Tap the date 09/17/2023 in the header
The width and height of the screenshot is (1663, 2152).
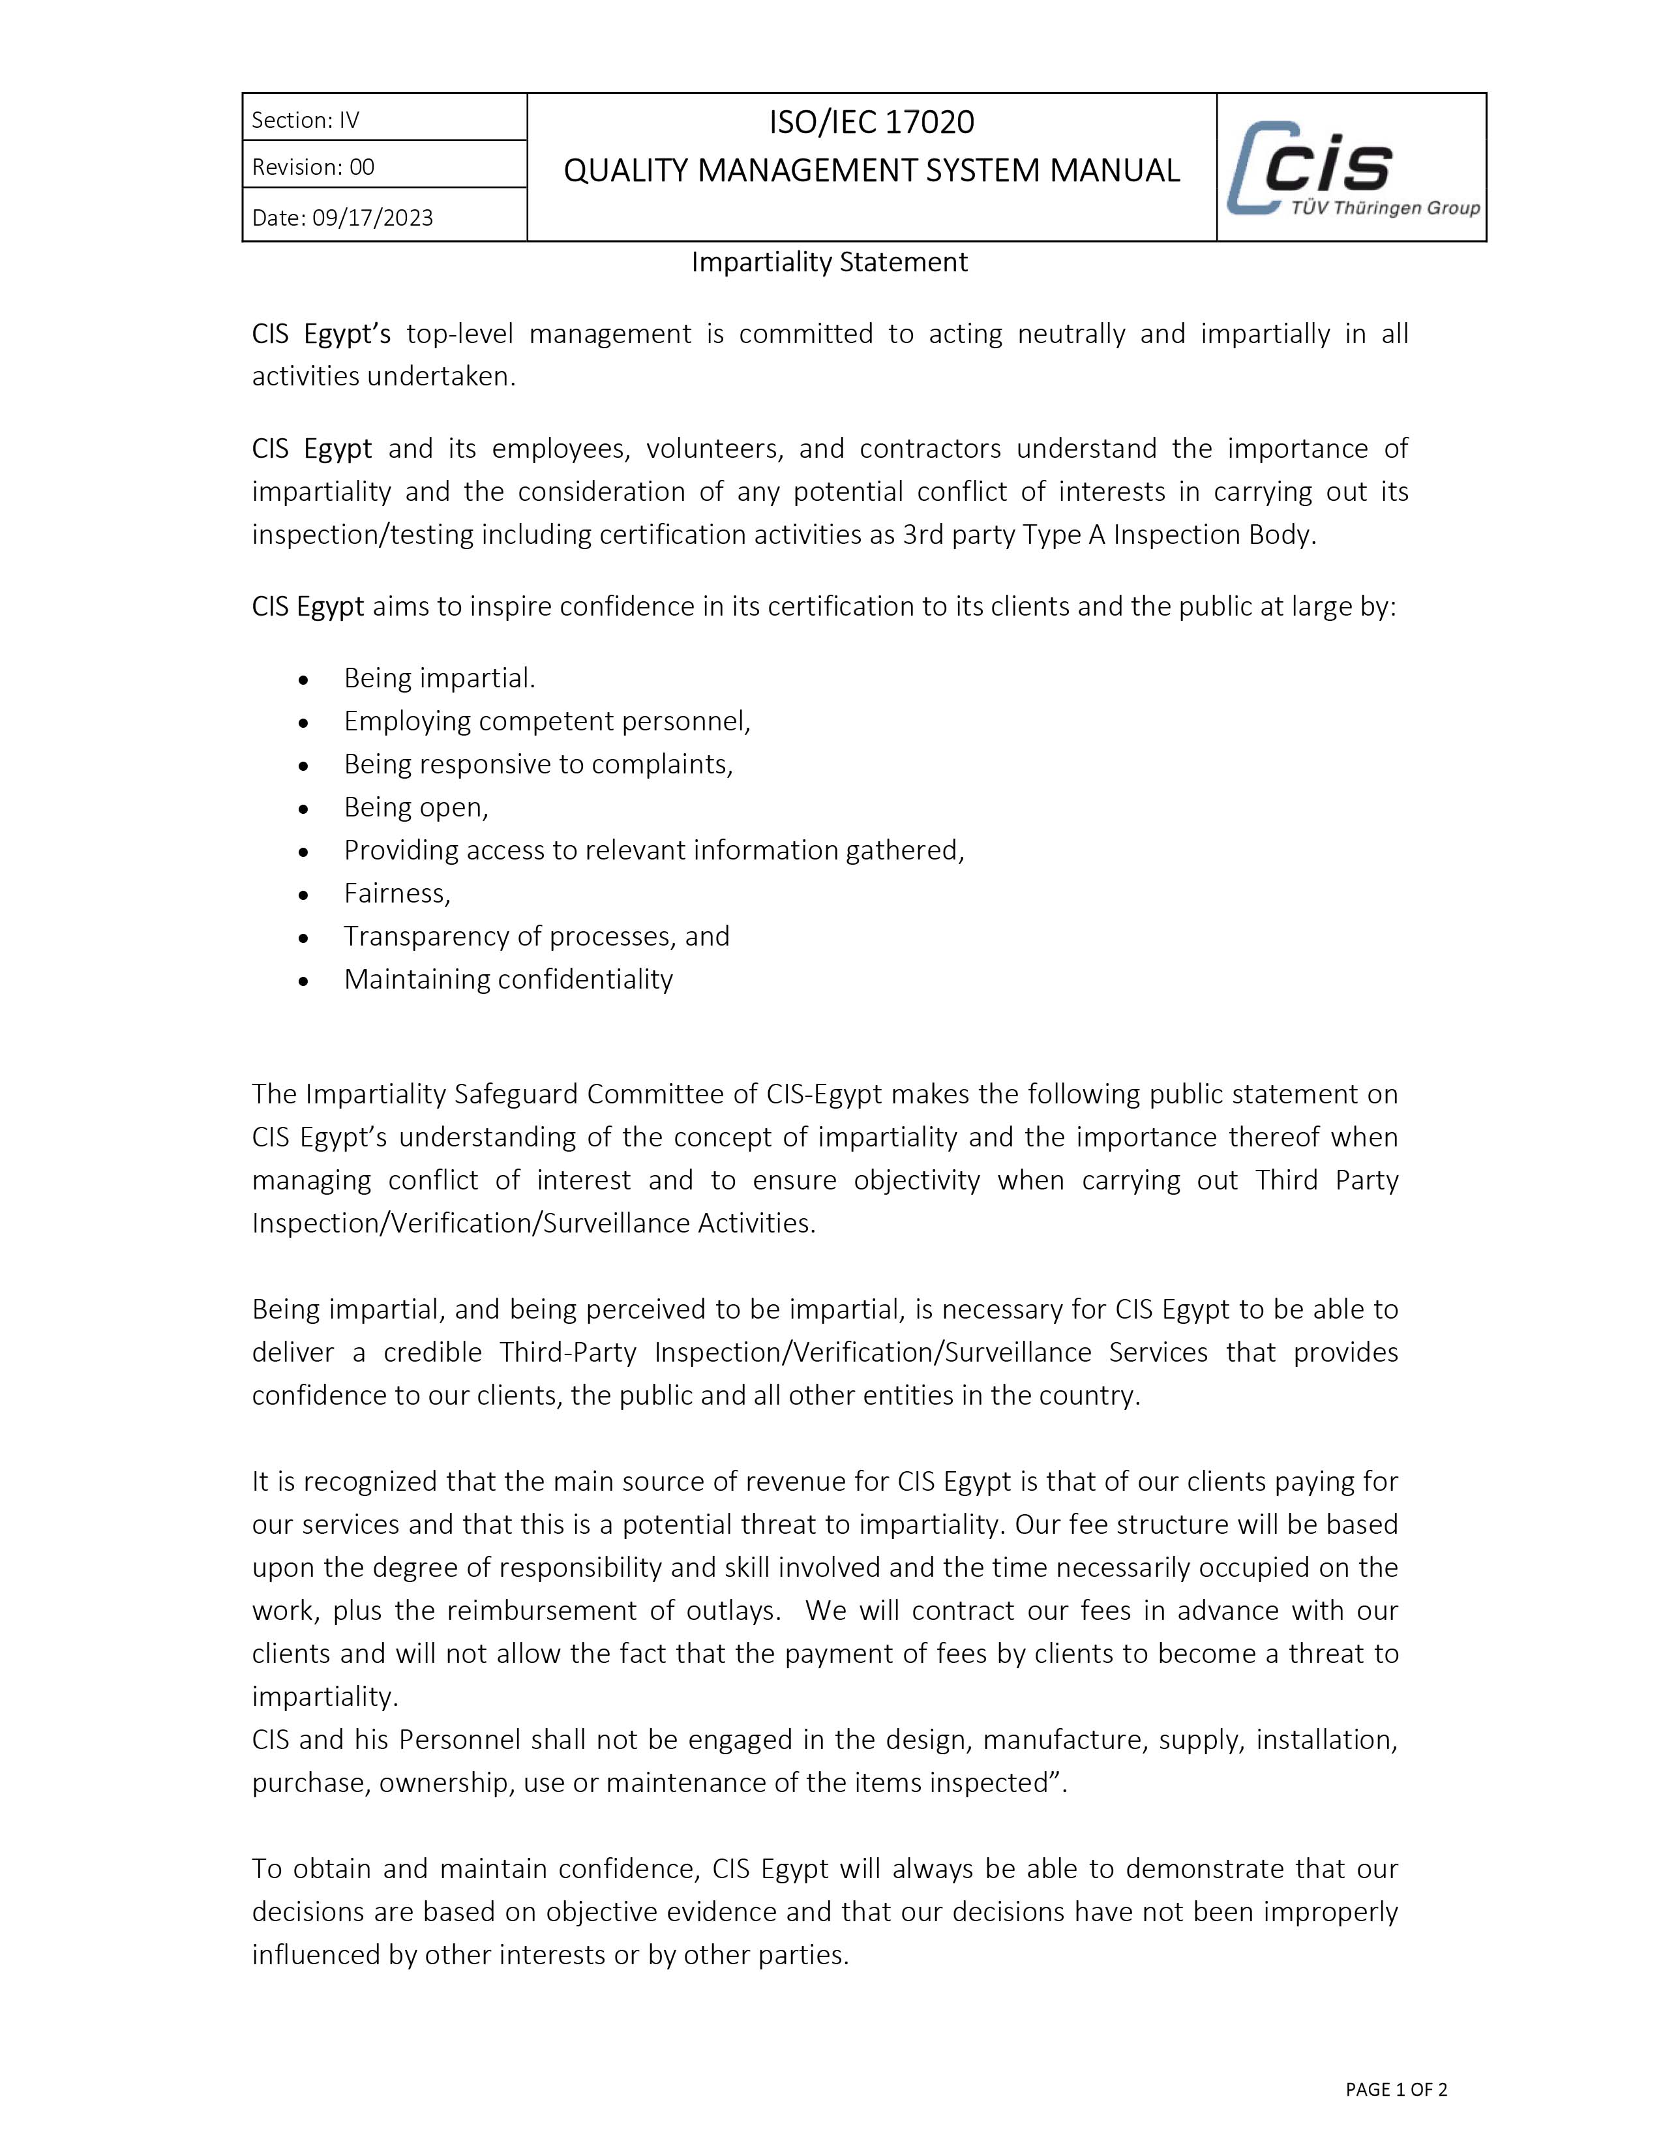372,218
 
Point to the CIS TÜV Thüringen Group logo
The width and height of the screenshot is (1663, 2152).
1352,168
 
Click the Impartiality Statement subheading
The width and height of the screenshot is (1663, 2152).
830,262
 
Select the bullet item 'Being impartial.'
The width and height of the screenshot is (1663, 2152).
440,678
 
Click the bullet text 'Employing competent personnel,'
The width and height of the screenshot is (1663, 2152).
547,721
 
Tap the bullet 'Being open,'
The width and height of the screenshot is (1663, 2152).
416,807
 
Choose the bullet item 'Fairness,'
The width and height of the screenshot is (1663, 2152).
397,893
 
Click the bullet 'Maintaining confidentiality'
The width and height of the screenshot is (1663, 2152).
509,978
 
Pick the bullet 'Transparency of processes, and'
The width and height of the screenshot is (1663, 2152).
537,936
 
